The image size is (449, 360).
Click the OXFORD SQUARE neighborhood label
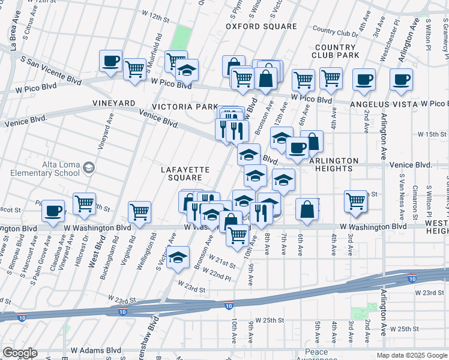click(x=261, y=26)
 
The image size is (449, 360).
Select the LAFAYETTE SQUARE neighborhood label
click(x=185, y=173)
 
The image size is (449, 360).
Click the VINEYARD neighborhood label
click(x=113, y=104)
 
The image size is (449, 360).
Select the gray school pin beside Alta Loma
click(x=89, y=167)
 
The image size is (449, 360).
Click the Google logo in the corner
click(x=19, y=353)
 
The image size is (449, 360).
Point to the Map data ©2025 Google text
click(x=411, y=355)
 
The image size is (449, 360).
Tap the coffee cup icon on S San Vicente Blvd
click(x=111, y=61)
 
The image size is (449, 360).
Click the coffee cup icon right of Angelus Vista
click(x=401, y=79)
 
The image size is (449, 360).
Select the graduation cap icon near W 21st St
click(x=178, y=257)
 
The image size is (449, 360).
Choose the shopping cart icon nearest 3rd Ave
click(x=356, y=201)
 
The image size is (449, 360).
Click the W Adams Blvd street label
click(x=96, y=350)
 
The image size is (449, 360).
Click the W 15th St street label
click(x=433, y=133)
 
